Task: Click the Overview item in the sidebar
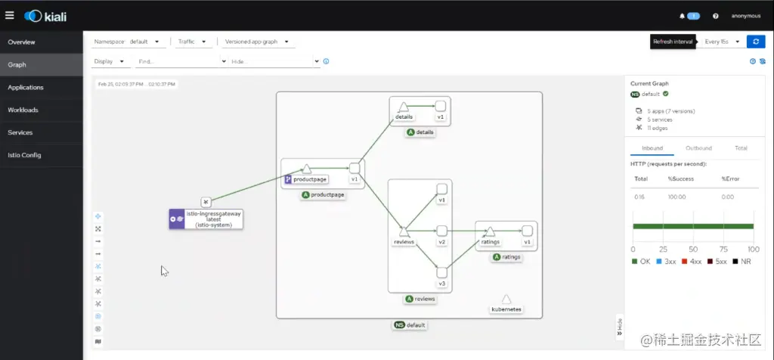pos(21,42)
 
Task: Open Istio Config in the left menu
pos(25,155)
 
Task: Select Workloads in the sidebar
pos(23,110)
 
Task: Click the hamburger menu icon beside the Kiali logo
pos(10,15)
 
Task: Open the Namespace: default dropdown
pos(127,42)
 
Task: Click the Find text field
pos(178,61)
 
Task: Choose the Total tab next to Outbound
pos(741,148)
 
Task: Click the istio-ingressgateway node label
pos(213,219)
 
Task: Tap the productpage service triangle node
pos(307,169)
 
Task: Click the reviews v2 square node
pos(442,230)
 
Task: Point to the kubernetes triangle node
pos(506,299)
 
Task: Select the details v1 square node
pos(440,106)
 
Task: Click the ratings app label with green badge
pos(507,257)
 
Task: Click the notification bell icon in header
pos(682,15)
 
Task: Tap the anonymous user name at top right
pos(746,15)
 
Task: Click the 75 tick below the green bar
pos(723,249)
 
